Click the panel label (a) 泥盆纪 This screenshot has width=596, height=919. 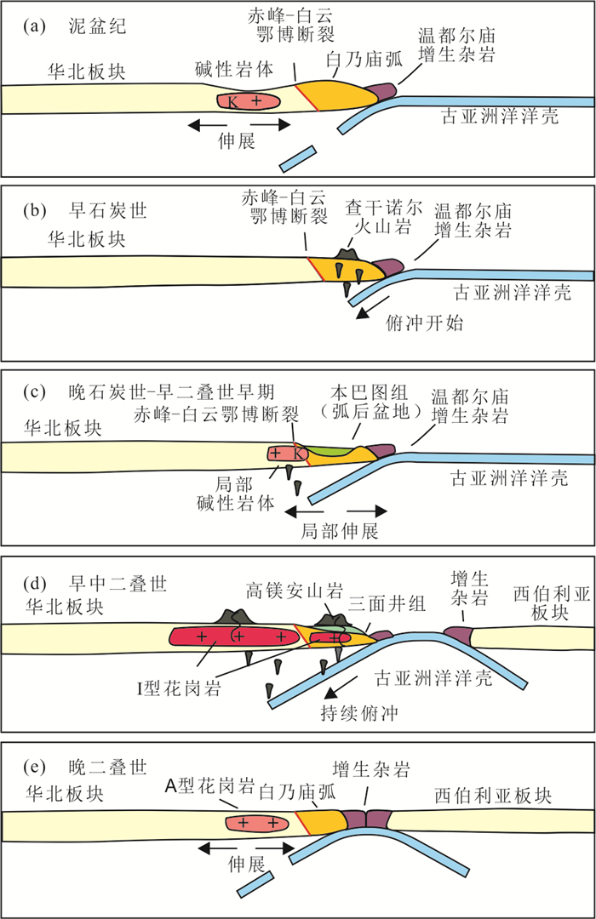(x=77, y=26)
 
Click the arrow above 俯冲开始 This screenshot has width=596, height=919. (x=375, y=305)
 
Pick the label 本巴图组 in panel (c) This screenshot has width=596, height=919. (x=357, y=392)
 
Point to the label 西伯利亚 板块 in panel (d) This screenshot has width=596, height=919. (x=547, y=601)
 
